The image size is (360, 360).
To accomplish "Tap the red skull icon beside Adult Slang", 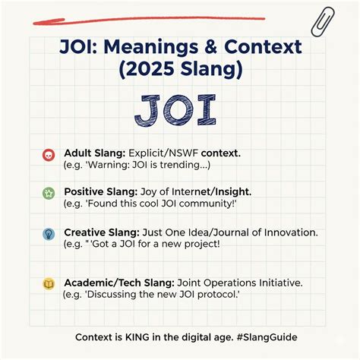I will pyautogui.click(x=49, y=155).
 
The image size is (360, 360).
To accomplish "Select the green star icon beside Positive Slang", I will pyautogui.click(x=49, y=193).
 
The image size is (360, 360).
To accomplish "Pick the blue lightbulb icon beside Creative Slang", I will pyautogui.click(x=49, y=234).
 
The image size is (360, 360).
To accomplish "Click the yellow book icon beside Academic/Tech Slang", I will pyautogui.click(x=49, y=284).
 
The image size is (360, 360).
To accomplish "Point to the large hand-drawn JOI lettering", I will pyautogui.click(x=180, y=110).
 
